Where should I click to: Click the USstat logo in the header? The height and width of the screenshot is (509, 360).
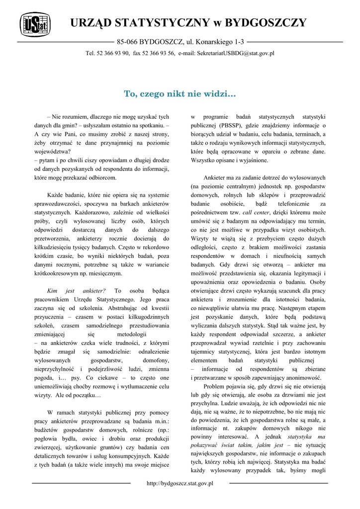click(x=33, y=24)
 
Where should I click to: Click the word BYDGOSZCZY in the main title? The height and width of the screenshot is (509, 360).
click(x=266, y=23)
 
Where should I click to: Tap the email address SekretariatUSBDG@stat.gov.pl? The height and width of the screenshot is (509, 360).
click(x=236, y=53)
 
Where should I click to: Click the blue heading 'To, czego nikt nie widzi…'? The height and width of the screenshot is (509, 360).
click(x=180, y=93)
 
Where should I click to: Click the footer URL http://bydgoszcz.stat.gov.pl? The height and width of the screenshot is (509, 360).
click(x=180, y=483)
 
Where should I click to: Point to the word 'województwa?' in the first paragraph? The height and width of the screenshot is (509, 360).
click(x=52, y=152)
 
